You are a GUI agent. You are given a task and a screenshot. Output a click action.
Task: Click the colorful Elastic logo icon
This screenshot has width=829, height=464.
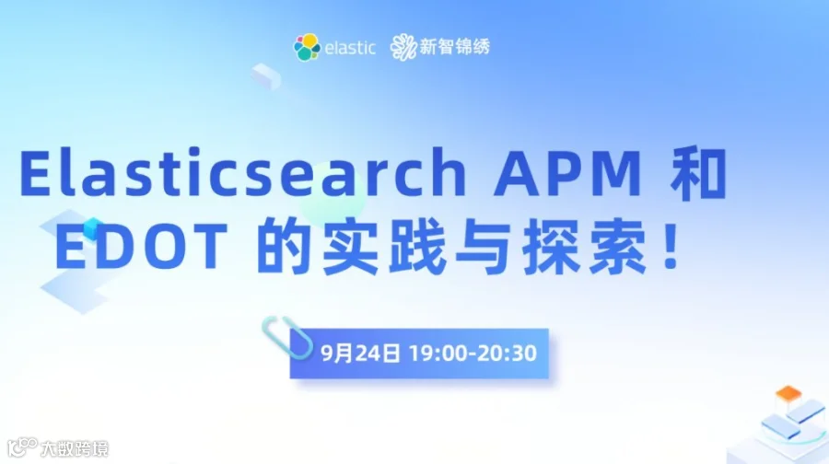coord(307,46)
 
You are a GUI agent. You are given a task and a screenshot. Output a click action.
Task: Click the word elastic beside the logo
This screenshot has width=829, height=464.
coord(350,47)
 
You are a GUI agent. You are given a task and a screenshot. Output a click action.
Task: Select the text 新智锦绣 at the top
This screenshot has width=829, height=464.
coord(455,47)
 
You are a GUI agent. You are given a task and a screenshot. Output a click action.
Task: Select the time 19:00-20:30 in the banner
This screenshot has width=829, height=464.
coord(473,354)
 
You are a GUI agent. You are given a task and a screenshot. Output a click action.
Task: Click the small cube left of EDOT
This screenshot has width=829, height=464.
coord(92,228)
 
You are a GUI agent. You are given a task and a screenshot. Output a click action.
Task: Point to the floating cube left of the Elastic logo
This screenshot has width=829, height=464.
coord(266,75)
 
